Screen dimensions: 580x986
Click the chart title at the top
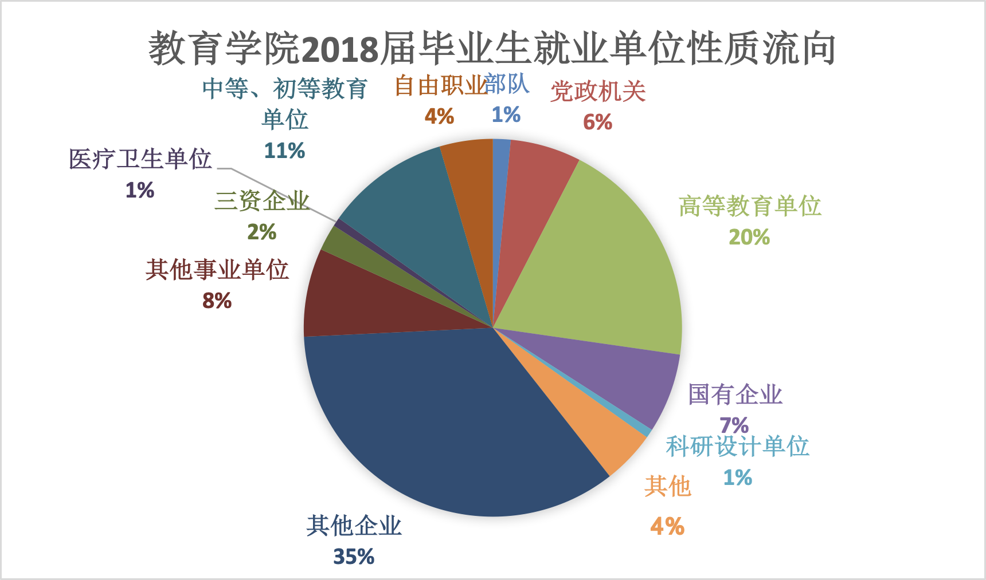point(492,48)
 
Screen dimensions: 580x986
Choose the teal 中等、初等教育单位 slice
point(418,206)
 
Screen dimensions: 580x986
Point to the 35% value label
point(354,557)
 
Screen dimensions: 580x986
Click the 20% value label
point(749,237)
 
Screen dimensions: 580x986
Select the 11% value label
point(284,151)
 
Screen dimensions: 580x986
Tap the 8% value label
point(217,301)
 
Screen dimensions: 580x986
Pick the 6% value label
point(597,122)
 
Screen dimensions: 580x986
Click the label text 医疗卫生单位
point(140,159)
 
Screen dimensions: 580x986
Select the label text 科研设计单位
point(737,447)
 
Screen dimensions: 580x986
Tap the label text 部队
point(507,84)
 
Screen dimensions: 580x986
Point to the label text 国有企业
point(735,394)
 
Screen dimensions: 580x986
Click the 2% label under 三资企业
point(262,232)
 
